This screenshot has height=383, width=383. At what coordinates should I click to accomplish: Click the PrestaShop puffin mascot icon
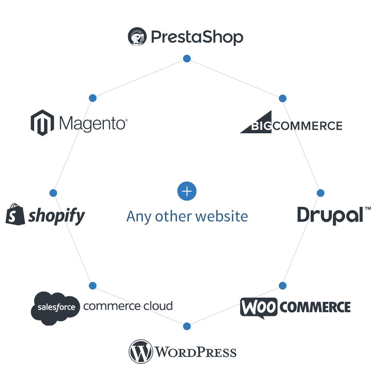coord(137,37)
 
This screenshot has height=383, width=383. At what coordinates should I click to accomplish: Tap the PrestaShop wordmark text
coord(197,38)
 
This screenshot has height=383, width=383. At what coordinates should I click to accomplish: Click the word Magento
coord(93,123)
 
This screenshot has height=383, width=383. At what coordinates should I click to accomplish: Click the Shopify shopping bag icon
coord(15,214)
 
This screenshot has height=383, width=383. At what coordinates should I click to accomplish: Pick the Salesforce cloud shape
coord(54,308)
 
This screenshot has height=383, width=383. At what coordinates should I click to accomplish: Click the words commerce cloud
coord(128,306)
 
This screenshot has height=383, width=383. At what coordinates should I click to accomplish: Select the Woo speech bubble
coord(259,307)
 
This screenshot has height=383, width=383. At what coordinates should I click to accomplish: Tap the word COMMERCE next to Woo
coord(315,307)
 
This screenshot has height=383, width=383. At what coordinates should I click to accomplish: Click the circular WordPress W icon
coord(141,351)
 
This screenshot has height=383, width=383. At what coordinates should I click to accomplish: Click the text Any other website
coord(187,216)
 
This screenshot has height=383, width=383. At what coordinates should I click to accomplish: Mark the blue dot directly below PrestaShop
coord(187,59)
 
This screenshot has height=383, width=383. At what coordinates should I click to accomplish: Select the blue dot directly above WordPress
coord(187,326)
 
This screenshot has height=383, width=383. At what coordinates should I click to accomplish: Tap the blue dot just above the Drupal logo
coord(321,193)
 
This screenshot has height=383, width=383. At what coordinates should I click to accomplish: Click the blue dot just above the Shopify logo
coord(53,193)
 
